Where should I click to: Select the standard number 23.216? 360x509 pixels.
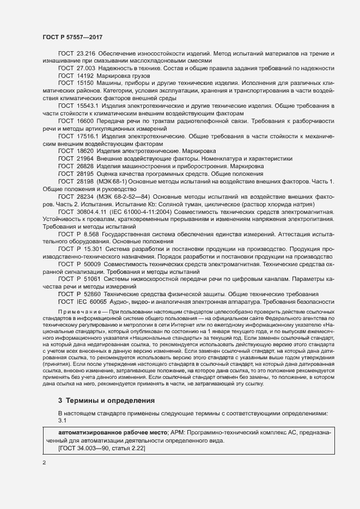click(86, 53)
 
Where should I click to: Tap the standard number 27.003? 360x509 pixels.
click(86, 69)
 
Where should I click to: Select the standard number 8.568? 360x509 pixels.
click(90, 233)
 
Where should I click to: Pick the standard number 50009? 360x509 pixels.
click(92, 263)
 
